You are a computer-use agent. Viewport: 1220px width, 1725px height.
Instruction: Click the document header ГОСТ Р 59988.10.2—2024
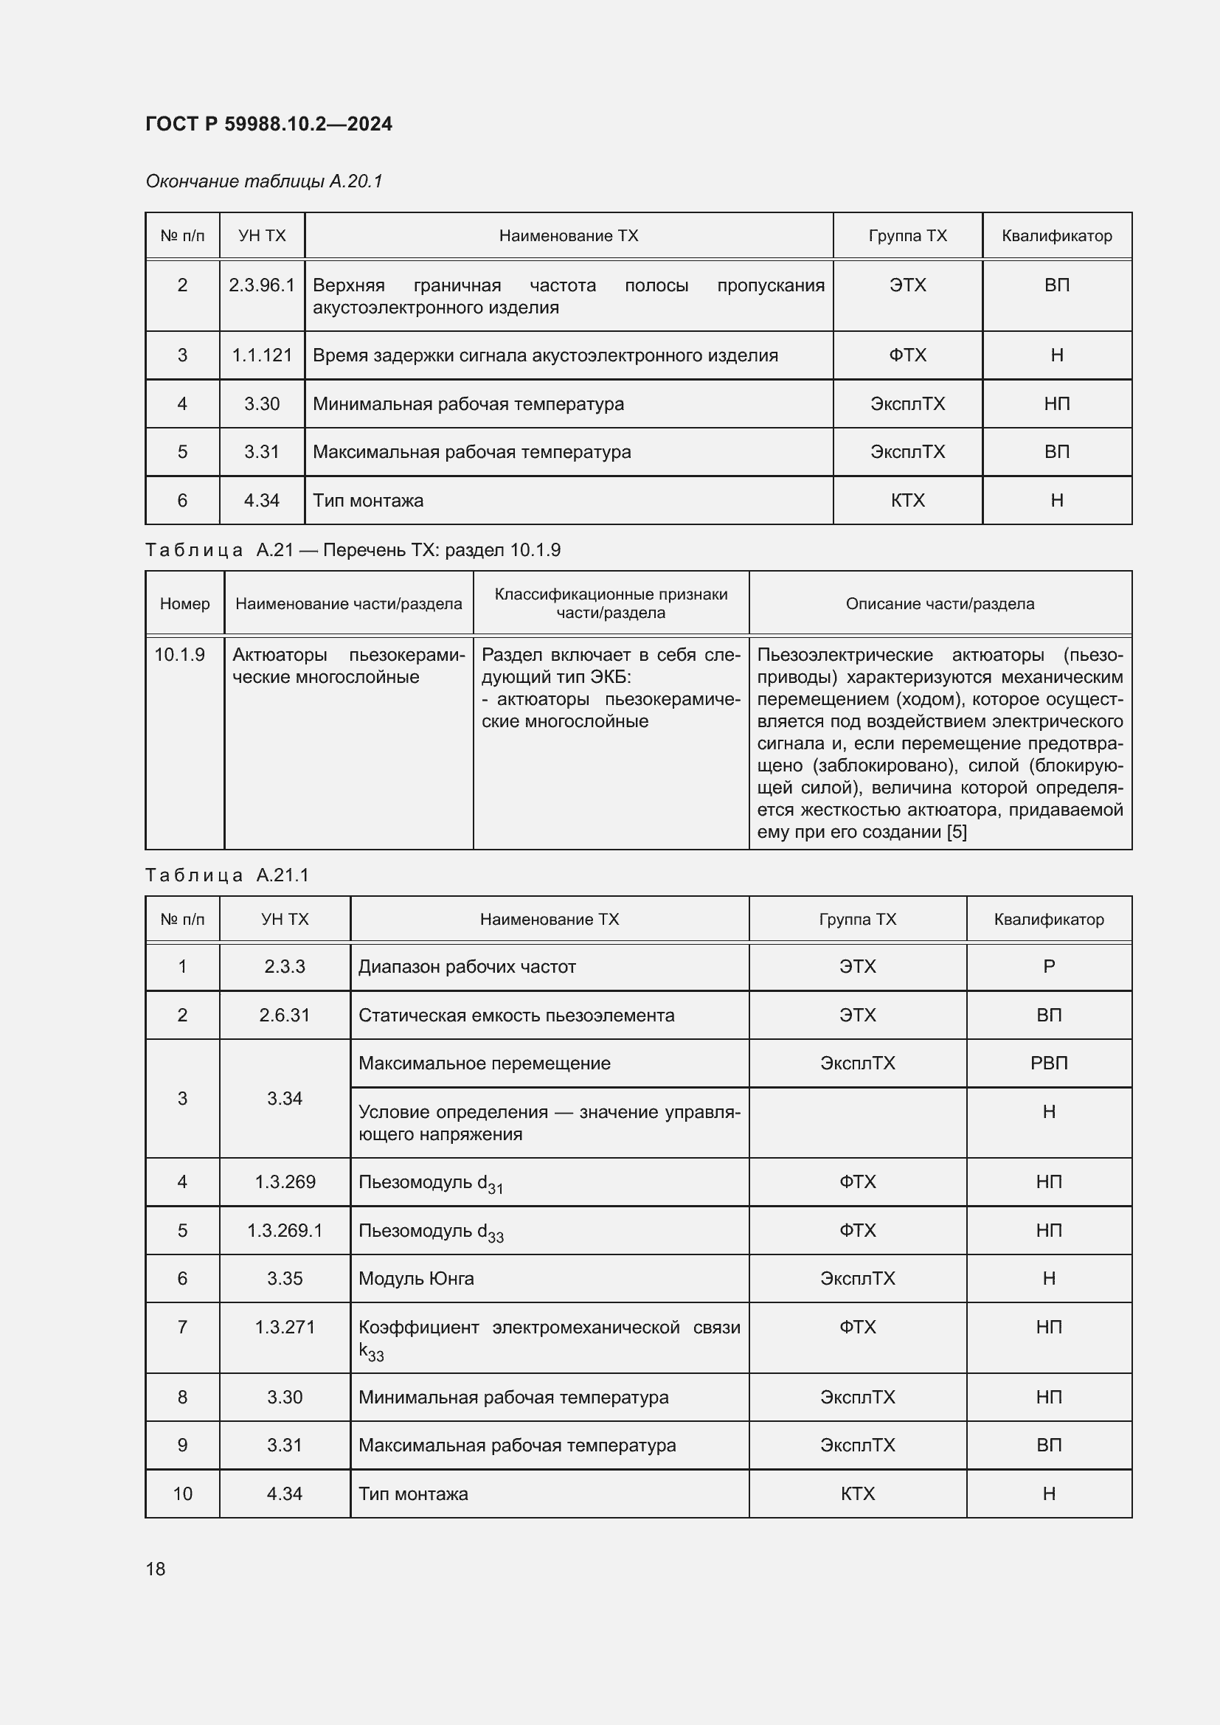point(268,124)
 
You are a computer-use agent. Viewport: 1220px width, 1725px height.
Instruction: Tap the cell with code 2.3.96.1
point(261,285)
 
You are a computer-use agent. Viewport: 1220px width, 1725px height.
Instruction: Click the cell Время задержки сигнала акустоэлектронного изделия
point(544,355)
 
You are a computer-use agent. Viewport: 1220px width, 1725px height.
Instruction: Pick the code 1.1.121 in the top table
point(261,355)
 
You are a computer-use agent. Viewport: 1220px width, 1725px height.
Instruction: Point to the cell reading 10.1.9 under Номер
point(179,654)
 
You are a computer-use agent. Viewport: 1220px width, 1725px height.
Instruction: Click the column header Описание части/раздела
point(939,603)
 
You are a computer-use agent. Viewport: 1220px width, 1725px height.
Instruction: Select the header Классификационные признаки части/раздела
point(610,603)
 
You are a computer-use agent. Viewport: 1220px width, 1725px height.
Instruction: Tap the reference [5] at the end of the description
point(957,832)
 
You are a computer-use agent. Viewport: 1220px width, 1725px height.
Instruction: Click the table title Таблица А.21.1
point(227,875)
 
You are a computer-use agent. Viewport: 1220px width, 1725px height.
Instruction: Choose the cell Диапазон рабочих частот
point(466,967)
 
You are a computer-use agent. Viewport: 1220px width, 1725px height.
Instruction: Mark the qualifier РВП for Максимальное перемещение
point(1048,1063)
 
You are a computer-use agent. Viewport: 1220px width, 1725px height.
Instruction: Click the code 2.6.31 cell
point(284,1015)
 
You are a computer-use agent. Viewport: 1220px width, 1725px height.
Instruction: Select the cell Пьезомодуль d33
point(431,1232)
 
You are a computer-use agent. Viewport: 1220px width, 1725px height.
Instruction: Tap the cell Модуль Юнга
point(415,1279)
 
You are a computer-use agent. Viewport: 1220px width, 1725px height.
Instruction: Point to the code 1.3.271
point(284,1327)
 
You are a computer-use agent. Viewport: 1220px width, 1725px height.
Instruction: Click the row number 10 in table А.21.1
point(182,1493)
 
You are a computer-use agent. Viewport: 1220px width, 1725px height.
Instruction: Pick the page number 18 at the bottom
point(156,1569)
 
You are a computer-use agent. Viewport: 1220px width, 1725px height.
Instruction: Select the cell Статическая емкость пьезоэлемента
point(516,1015)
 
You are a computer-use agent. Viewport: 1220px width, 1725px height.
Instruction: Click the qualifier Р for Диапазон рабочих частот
point(1048,967)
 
